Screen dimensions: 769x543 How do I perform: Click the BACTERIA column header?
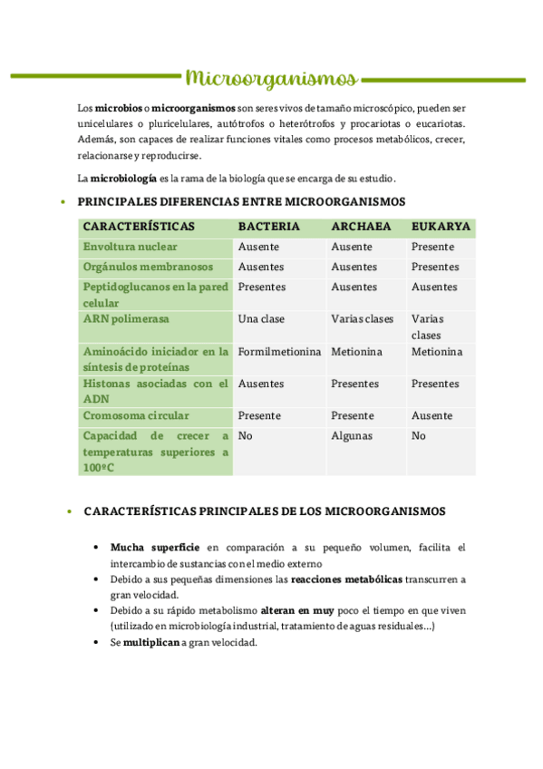(268, 227)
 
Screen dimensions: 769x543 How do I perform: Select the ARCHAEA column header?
(361, 227)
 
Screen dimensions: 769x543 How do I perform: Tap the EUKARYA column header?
(441, 227)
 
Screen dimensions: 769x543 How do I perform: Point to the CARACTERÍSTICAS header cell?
(139, 227)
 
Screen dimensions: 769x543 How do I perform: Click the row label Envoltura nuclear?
(130, 247)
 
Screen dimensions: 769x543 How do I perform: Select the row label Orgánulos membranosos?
(148, 267)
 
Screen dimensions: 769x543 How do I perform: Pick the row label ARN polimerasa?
(126, 319)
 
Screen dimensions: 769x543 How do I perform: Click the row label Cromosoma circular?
(136, 415)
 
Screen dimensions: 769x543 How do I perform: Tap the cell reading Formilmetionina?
(279, 352)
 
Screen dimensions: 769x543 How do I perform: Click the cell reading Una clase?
(261, 319)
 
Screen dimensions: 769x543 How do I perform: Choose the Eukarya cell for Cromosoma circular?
(431, 415)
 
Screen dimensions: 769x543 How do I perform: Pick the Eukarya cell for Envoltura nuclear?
(433, 247)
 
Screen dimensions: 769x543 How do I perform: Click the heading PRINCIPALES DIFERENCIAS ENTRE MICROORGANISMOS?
(241, 201)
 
